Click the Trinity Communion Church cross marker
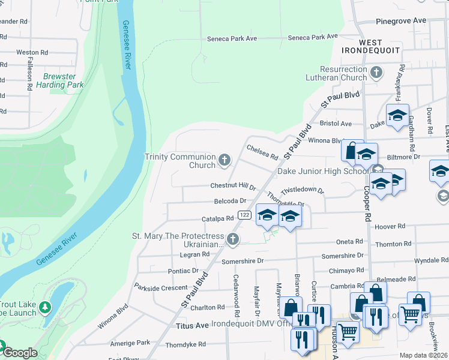coord(224,160)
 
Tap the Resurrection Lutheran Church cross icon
coord(376,73)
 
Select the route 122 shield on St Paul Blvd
coord(244,215)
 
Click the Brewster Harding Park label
coord(59,80)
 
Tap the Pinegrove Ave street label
coord(401,20)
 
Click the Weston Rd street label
coord(32,53)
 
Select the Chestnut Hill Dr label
coord(233,186)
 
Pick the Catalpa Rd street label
coord(217,218)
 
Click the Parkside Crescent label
coord(161,288)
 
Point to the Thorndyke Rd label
coord(185,344)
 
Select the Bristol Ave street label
coord(336,124)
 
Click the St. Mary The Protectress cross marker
coord(233,240)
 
